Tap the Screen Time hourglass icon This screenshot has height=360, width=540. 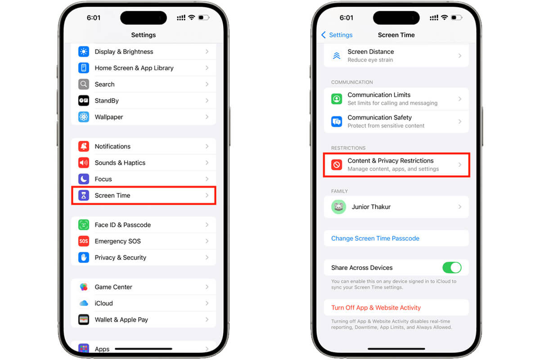[84, 195]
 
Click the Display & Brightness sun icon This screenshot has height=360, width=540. [84, 52]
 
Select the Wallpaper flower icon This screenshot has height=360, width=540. [84, 117]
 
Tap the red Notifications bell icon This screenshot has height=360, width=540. [84, 146]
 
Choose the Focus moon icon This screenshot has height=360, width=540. [84, 179]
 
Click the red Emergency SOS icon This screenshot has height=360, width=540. [84, 241]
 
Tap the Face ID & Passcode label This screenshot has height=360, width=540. [123, 225]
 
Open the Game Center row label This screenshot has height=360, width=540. [113, 287]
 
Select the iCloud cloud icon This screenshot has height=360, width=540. [84, 303]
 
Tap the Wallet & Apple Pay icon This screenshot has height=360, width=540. [84, 319]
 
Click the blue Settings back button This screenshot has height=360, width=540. [337, 35]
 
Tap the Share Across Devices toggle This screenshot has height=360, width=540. [452, 268]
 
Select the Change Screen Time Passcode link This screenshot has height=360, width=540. [375, 238]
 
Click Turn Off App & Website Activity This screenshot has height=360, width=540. [376, 308]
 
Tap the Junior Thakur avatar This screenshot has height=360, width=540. [338, 207]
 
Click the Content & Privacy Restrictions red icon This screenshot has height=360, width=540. [337, 165]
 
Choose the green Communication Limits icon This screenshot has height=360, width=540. [337, 99]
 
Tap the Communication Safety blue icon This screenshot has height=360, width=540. [337, 121]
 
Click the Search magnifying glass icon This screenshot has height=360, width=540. [84, 84]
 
